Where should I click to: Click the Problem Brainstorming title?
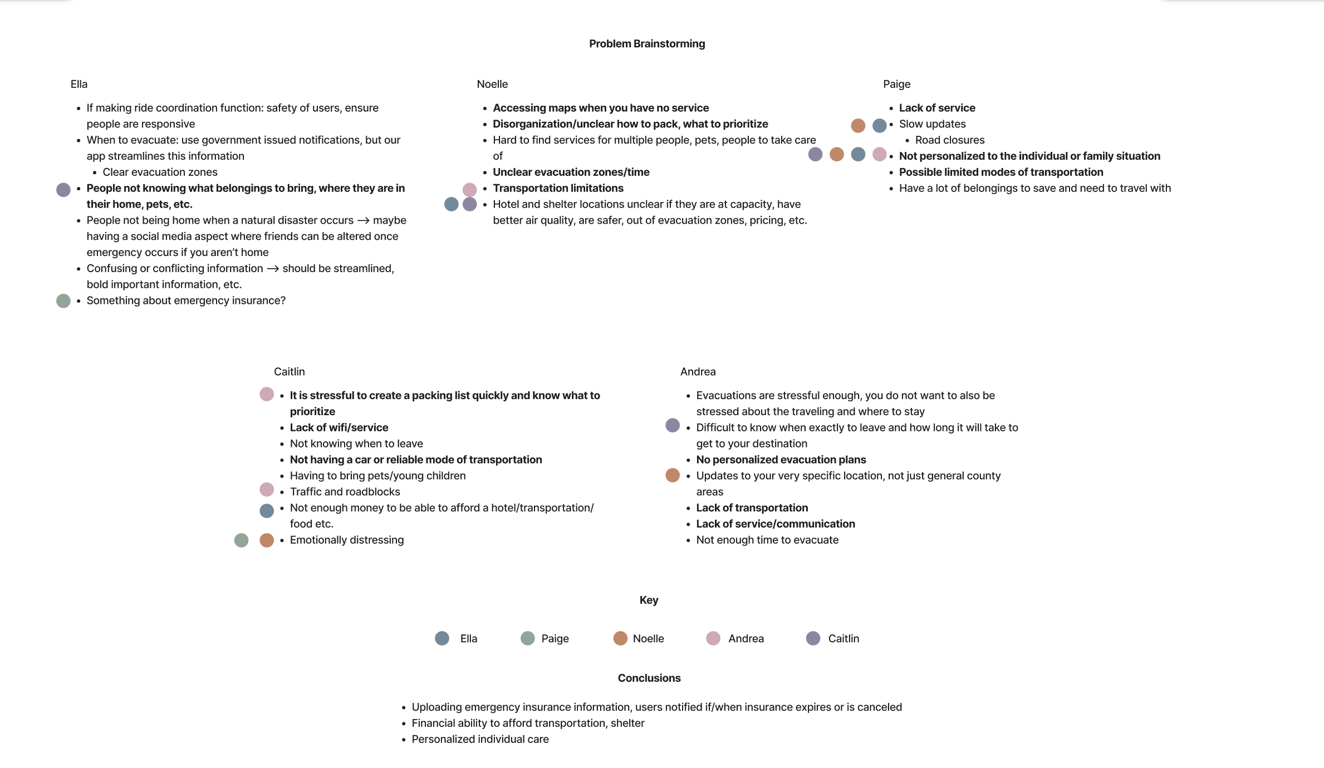point(647,43)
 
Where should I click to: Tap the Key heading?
point(649,600)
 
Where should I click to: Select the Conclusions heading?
point(649,678)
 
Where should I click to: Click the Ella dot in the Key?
point(442,638)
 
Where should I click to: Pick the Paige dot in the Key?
point(527,638)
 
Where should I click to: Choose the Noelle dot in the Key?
point(620,638)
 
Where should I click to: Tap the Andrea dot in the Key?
point(713,638)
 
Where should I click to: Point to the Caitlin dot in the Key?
point(813,638)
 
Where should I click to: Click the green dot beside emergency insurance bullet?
point(63,301)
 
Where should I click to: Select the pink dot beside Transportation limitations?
point(469,189)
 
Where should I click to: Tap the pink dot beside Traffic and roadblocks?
point(267,490)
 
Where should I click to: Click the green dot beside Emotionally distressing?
point(241,540)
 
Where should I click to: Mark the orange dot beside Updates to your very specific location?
point(673,475)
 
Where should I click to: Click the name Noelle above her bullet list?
point(492,84)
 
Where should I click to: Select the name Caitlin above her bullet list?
point(289,372)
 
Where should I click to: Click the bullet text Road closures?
point(950,140)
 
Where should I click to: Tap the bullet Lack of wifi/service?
point(339,427)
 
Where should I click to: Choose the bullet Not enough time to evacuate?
point(767,540)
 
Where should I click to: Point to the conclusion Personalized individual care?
point(480,739)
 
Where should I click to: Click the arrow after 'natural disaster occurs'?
point(363,221)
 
